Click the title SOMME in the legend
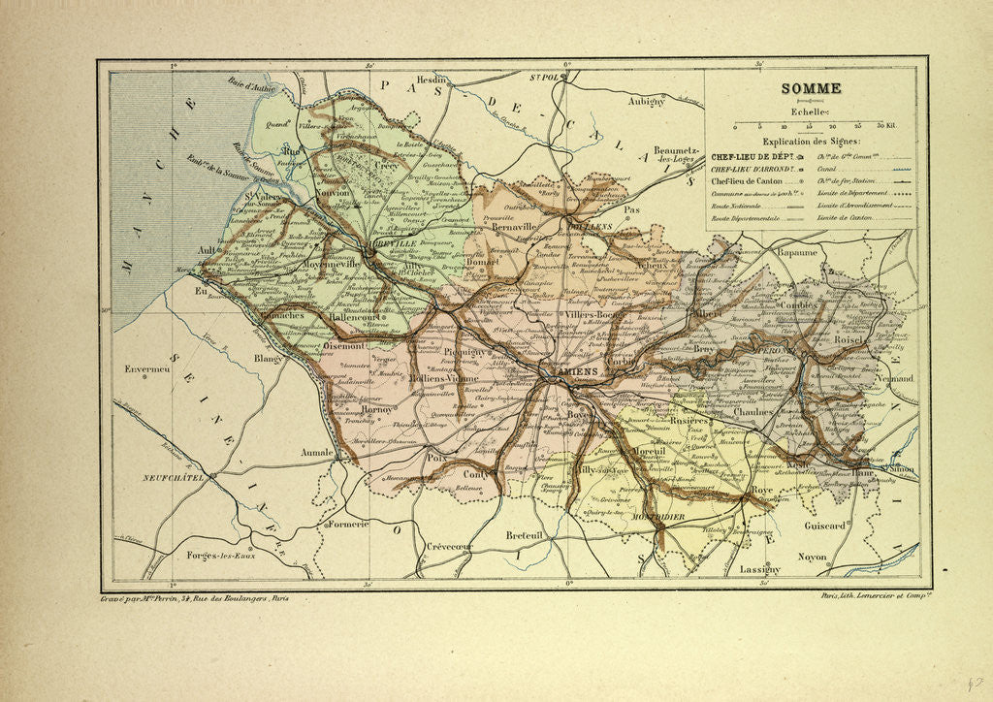(813, 88)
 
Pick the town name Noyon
(812, 557)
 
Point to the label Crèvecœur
(449, 547)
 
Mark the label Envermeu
(141, 369)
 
